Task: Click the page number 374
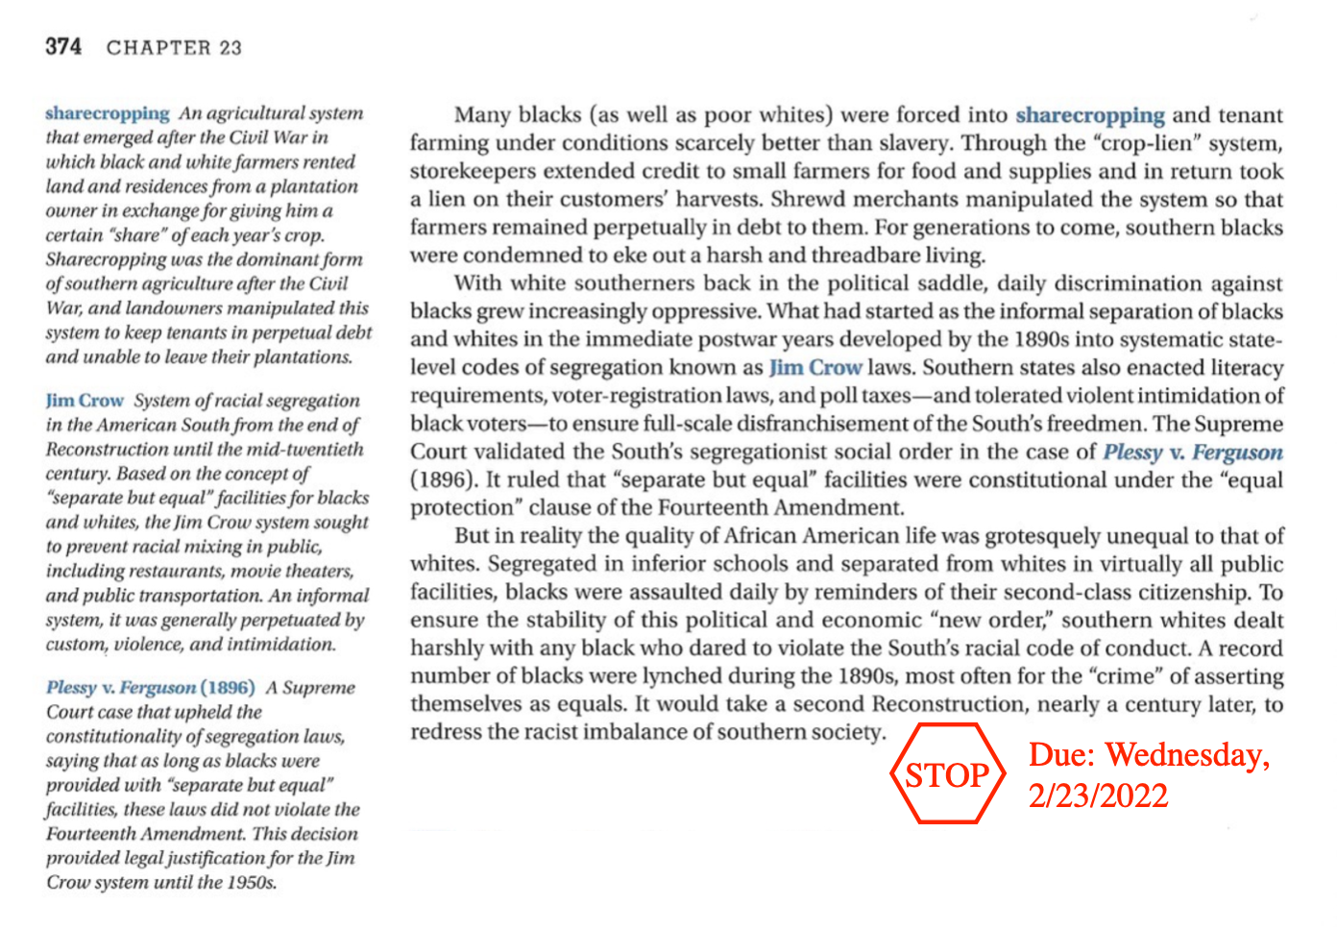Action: point(63,46)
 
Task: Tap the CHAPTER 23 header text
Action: point(174,47)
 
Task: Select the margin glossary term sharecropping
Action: point(107,113)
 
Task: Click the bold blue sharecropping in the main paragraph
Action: point(1089,115)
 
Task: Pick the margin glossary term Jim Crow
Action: point(85,401)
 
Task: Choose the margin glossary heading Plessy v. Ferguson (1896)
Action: point(151,688)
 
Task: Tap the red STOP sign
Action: point(947,774)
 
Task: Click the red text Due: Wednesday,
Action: point(1149,755)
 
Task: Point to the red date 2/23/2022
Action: point(1098,796)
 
